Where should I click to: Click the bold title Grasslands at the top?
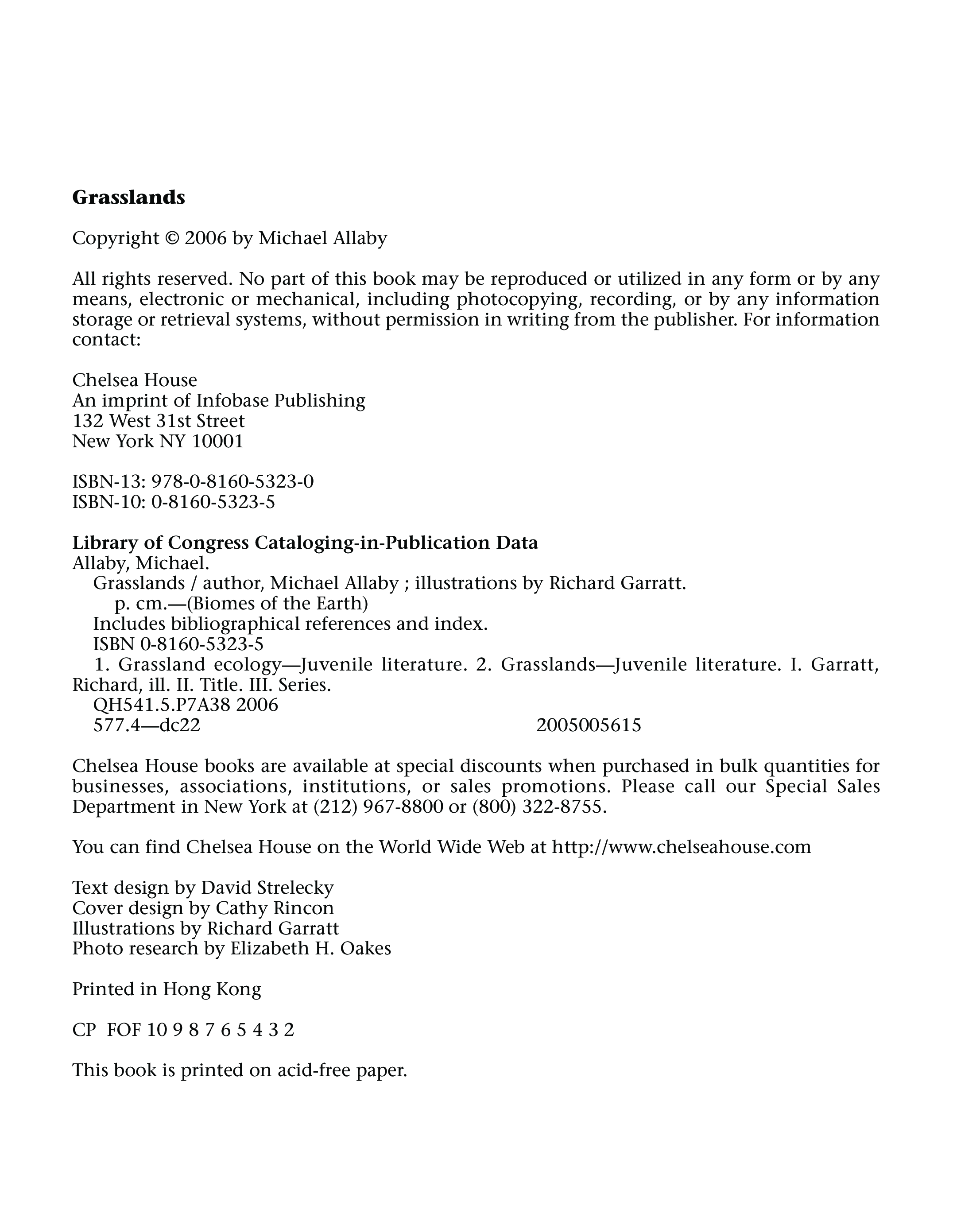[x=128, y=197]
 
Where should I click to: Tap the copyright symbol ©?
[x=172, y=238]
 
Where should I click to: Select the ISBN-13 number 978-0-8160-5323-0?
[x=232, y=482]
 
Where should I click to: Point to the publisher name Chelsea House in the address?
[x=135, y=380]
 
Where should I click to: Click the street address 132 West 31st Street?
[x=159, y=421]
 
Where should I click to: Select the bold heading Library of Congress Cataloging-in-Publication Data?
[x=305, y=543]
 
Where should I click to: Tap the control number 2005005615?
[x=589, y=725]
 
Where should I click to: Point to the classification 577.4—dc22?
[x=147, y=725]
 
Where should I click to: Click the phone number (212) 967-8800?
[x=379, y=806]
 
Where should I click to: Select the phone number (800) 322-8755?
[x=536, y=806]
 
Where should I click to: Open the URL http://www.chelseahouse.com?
[x=681, y=847]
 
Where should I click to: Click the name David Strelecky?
[x=267, y=888]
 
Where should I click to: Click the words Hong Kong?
[x=212, y=989]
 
